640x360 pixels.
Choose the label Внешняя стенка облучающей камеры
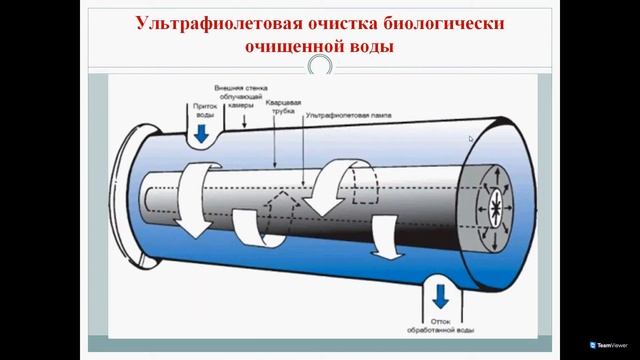coord(242,95)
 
